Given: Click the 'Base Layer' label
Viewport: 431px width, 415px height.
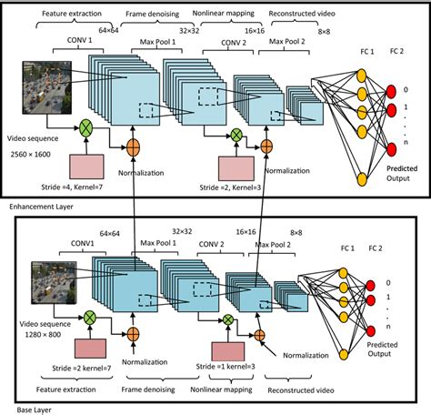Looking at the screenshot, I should click(x=25, y=410).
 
